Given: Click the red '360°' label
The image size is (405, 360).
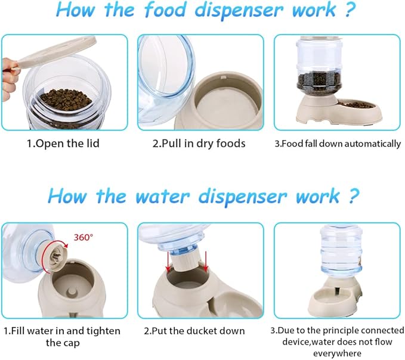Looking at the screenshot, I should pyautogui.click(x=83, y=237).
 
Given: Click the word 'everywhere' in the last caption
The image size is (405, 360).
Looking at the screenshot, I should pyautogui.click(x=338, y=352).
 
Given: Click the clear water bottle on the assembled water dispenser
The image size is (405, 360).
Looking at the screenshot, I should pyautogui.click(x=337, y=254).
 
